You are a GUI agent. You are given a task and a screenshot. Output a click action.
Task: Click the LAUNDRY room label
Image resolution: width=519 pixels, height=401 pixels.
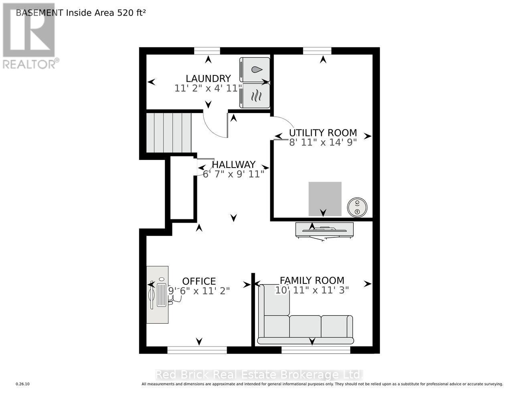tap(208, 79)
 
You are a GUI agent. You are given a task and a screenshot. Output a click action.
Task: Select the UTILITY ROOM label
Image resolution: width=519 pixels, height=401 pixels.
tap(323, 133)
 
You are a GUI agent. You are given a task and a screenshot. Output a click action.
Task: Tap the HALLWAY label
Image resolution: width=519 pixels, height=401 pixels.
tap(233, 164)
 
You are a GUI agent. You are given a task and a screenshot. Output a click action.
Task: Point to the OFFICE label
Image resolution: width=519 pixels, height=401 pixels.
tap(199, 282)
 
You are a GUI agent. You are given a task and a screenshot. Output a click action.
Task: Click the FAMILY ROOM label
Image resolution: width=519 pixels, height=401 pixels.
tap(312, 281)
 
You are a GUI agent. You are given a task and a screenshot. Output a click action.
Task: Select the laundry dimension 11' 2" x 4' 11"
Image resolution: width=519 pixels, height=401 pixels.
tap(208, 88)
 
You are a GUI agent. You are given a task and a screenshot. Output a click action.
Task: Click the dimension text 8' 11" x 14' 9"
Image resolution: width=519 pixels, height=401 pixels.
tap(323, 142)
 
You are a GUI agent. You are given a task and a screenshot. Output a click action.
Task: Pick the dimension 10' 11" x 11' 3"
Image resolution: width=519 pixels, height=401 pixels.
tap(312, 290)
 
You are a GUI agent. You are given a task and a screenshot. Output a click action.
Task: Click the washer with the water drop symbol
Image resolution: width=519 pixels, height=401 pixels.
tap(255, 69)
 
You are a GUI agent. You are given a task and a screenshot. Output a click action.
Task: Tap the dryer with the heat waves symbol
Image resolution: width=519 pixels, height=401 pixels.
tap(255, 96)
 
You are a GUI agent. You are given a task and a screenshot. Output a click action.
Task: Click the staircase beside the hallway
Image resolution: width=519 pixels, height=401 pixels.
tap(168, 132)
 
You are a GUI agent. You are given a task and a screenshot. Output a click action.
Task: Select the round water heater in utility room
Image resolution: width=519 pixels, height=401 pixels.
tap(357, 207)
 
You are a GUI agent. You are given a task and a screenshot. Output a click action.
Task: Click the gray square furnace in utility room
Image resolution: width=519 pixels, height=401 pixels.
tap(325, 199)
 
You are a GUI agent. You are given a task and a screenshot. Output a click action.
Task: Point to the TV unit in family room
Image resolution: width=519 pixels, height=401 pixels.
tap(324, 230)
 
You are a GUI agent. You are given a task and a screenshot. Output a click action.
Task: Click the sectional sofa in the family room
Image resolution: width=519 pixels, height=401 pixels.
tap(305, 327)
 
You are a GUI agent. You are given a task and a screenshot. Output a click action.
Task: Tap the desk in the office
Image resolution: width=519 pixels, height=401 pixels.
tap(157, 295)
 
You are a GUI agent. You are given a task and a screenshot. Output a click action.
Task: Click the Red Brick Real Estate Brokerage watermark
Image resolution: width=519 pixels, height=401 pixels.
tap(259, 375)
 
